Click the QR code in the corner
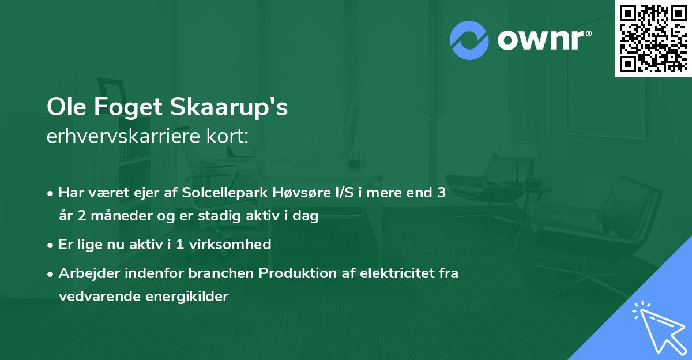click(653, 38)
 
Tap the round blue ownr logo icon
click(469, 40)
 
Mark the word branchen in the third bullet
click(227, 273)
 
